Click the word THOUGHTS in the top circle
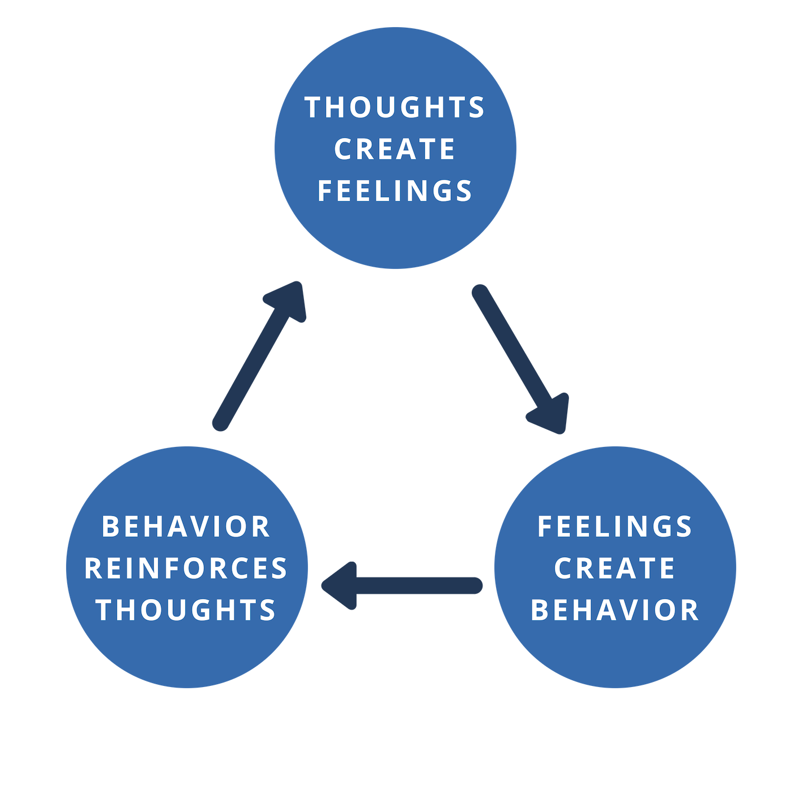tap(394, 107)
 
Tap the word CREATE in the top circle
tap(394, 149)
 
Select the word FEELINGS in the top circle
tap(394, 191)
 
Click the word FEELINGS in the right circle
tap(615, 527)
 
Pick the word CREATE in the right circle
tap(615, 568)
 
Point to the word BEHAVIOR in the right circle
tap(615, 610)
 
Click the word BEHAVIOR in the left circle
tap(186, 527)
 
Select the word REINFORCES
tap(186, 568)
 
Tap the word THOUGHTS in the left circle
tap(186, 610)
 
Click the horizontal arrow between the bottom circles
tap(407, 586)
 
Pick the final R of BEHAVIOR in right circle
tap(691, 610)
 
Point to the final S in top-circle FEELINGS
tap(464, 191)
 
